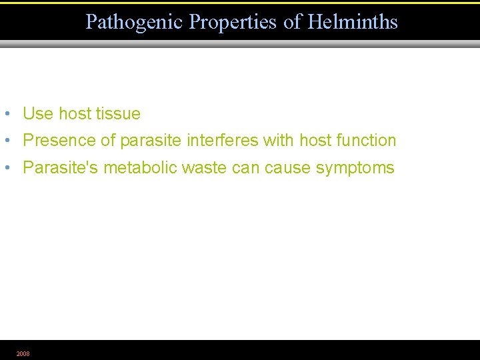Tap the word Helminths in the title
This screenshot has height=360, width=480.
coord(353,22)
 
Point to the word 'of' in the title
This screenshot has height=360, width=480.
coord(293,22)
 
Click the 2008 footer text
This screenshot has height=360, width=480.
coord(23,353)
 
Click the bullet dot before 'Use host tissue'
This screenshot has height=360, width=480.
coord(6,113)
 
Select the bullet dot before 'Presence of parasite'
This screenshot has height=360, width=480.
coord(6,140)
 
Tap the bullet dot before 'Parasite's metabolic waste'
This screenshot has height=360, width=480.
coord(6,167)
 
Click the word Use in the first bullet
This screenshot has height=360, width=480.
coord(38,114)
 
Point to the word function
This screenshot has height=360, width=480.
coord(366,141)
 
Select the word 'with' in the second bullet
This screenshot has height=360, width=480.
coord(279,141)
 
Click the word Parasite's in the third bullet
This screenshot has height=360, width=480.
coord(61,167)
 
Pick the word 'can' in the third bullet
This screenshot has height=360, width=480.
coord(245,167)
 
